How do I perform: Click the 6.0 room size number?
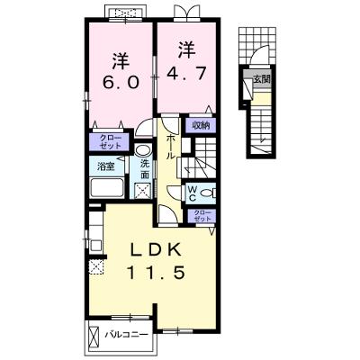[121, 82]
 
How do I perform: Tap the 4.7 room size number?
[187, 73]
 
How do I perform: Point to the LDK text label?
[157, 249]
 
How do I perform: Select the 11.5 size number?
[156, 273]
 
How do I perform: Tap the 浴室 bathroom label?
[105, 166]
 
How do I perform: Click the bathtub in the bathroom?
[107, 187]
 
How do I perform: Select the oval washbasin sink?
[142, 150]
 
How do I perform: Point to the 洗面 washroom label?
[145, 169]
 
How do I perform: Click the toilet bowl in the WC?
[208, 193]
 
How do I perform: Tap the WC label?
[192, 193]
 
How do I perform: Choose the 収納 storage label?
[200, 126]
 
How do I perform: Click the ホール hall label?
[170, 147]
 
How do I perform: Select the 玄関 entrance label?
[262, 79]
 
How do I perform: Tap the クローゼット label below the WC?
[201, 216]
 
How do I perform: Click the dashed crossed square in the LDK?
[96, 266]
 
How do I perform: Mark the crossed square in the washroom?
[141, 191]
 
